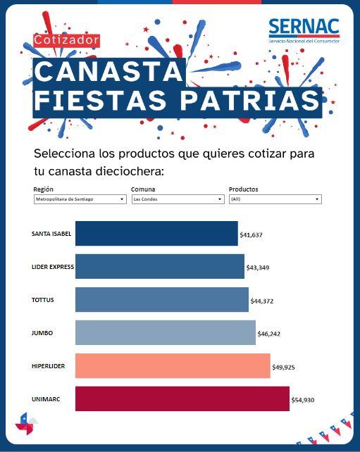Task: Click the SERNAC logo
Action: click(x=304, y=31)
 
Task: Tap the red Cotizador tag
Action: click(x=67, y=41)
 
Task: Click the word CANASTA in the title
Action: click(x=108, y=72)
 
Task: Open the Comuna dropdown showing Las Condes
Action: click(x=177, y=199)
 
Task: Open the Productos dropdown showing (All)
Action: click(x=275, y=199)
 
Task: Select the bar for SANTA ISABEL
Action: click(x=156, y=234)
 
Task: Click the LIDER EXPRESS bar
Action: click(x=160, y=267)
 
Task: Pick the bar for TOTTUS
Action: click(x=162, y=300)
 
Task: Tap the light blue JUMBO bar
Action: click(x=166, y=332)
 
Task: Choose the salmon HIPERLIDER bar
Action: click(x=173, y=366)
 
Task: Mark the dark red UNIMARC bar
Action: click(x=182, y=398)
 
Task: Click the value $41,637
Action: click(x=251, y=234)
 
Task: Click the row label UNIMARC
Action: click(x=46, y=399)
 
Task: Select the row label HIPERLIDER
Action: click(x=49, y=366)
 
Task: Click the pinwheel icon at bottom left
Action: click(x=27, y=424)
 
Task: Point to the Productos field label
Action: click(x=244, y=189)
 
